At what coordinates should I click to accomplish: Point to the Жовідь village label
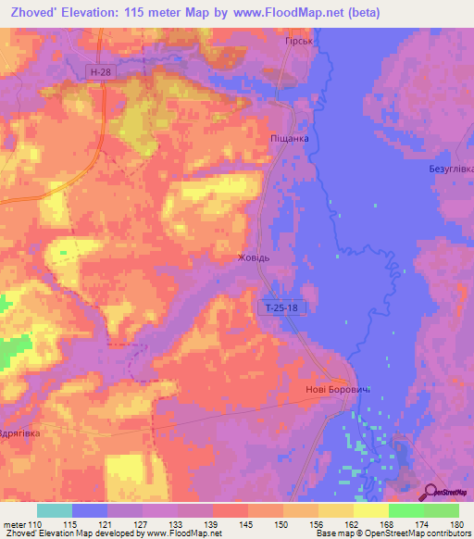254,258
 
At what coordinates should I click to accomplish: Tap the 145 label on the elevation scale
244,525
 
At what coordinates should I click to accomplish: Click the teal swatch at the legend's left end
55,510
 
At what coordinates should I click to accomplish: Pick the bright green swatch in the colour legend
405,510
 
